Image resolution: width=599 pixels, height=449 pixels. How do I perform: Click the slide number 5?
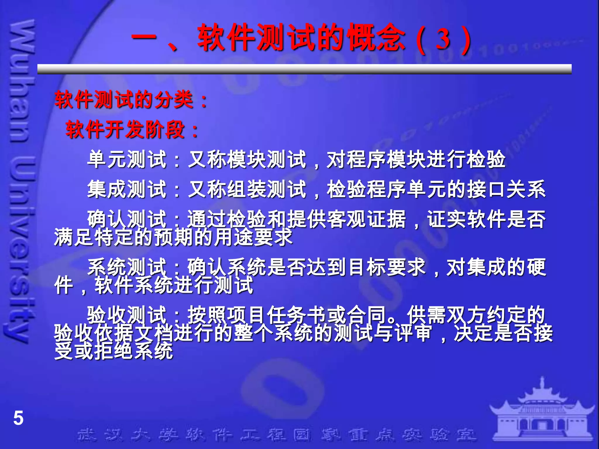[x=18, y=418]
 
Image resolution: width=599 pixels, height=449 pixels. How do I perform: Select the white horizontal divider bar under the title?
[x=304, y=69]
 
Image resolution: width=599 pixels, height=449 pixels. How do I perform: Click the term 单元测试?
[x=127, y=160]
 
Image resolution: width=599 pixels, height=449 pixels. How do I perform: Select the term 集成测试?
[x=127, y=189]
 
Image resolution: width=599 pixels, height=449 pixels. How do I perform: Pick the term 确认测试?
[x=127, y=219]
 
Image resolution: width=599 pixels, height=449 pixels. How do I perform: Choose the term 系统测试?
[x=127, y=267]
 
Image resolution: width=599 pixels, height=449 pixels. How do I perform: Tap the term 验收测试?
[x=127, y=315]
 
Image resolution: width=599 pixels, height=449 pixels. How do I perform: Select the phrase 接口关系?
[x=506, y=189]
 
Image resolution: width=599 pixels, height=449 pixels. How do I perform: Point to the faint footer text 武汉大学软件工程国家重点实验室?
[x=276, y=435]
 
